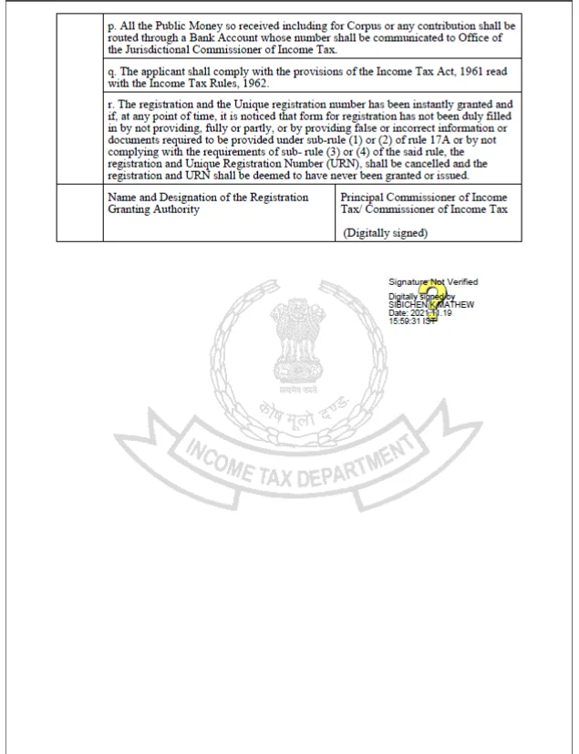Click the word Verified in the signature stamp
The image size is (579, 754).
[461, 282]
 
